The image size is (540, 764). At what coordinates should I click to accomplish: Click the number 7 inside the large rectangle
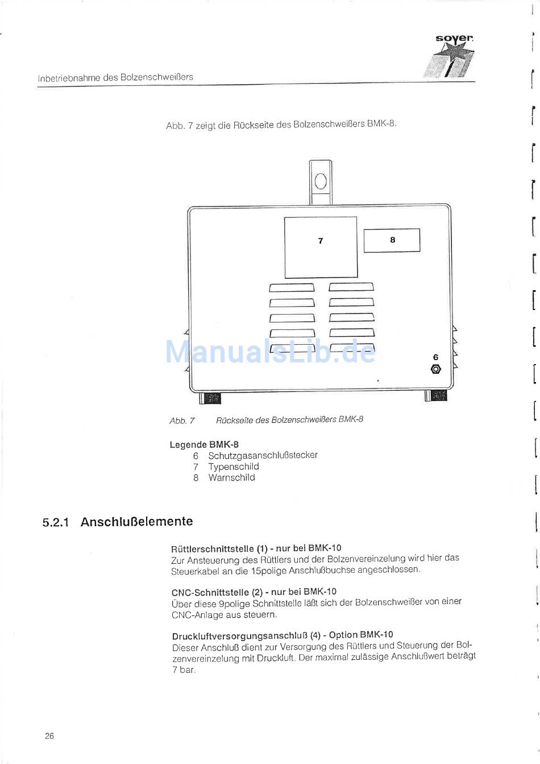click(321, 241)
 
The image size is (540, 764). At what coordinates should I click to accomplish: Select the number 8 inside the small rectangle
click(392, 240)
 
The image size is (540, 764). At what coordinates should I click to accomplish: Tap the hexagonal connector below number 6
click(435, 369)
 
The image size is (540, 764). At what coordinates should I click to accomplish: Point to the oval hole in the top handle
click(321, 181)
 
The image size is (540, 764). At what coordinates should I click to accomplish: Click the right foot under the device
click(437, 395)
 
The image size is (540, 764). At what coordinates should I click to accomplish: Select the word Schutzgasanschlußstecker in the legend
click(263, 455)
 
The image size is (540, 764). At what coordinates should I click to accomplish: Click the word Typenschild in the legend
click(233, 466)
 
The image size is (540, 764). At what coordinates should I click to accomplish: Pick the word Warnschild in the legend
click(231, 478)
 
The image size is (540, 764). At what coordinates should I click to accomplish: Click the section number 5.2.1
click(56, 522)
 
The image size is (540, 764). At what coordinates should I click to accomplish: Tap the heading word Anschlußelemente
click(136, 522)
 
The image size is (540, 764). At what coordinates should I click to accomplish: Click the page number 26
click(49, 736)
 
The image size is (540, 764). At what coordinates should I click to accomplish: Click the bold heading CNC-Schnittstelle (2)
click(215, 592)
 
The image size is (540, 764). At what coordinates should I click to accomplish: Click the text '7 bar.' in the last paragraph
click(184, 670)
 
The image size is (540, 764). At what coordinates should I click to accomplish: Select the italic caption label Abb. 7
click(182, 421)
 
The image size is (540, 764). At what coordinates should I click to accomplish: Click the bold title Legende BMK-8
click(204, 444)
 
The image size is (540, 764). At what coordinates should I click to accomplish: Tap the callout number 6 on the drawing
click(435, 357)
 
